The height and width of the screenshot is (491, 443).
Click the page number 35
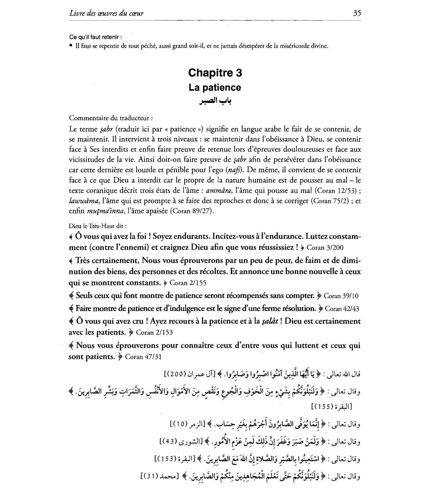357,13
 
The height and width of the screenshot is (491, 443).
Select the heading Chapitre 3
215,73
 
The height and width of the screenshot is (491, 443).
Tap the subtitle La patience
215,87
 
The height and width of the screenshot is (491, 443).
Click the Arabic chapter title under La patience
215,101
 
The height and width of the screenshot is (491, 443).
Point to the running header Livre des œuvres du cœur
106,13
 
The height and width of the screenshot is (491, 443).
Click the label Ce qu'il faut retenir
95,37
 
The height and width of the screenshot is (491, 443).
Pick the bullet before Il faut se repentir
71,46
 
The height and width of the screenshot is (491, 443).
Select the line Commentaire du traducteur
111,118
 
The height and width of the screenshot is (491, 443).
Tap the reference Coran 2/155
188,283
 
